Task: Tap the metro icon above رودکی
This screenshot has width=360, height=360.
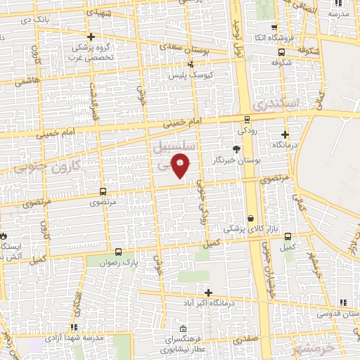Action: pyautogui.click(x=247, y=119)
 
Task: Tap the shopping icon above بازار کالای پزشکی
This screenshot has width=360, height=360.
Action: pyautogui.click(x=251, y=219)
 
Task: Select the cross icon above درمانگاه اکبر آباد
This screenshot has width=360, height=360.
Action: pyautogui.click(x=208, y=292)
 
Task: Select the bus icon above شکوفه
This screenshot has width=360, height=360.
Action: pyautogui.click(x=282, y=51)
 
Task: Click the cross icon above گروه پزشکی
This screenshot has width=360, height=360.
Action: pyautogui.click(x=90, y=37)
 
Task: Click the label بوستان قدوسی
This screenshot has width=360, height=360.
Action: pyautogui.click(x=336, y=312)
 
